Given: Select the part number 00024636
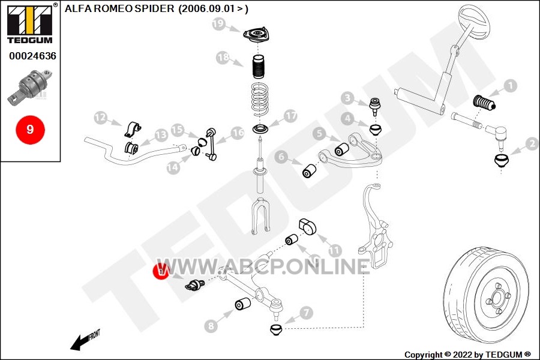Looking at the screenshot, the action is coord(32,56).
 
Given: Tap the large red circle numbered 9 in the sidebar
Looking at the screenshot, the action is coord(30,130).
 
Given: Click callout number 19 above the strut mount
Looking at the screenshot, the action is coord(218,24).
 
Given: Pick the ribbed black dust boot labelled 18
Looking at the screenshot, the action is coord(258,67).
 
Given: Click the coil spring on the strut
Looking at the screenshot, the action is coord(260,100).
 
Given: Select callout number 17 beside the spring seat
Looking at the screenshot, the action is coord(290,116).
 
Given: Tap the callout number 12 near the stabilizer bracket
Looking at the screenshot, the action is coord(101,118).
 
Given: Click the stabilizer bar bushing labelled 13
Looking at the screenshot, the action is coord(131,148).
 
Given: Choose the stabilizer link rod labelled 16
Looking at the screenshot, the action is coord(211,145).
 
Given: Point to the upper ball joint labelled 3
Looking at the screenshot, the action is coord(375,106).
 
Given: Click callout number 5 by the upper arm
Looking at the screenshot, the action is coord(320,133).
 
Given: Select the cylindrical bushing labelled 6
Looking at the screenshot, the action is coord(309,170).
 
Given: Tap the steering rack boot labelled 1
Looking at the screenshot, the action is coord(484,103).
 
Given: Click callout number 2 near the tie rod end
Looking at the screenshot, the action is coord(532,143).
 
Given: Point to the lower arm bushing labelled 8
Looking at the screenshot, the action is coord(242,304).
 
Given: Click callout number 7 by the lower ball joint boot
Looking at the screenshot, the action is coord(306,313).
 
